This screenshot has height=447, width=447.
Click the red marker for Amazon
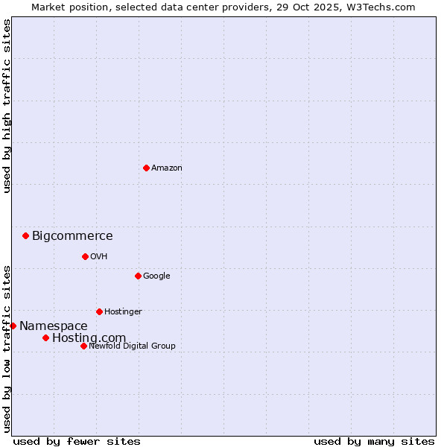pyautogui.click(x=146, y=168)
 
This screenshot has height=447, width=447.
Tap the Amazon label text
pyautogui.click(x=166, y=168)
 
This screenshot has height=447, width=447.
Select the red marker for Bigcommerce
pyautogui.click(x=25, y=235)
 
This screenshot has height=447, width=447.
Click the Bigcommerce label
pyautogui.click(x=72, y=236)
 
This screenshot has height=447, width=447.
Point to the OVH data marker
pyautogui.click(x=85, y=256)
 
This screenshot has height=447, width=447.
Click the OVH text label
pyautogui.click(x=98, y=257)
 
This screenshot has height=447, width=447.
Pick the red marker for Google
pyautogui.click(x=138, y=276)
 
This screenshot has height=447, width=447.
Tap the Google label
pyautogui.click(x=156, y=276)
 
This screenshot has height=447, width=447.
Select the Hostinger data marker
pyautogui.click(x=99, y=311)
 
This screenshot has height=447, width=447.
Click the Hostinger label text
pyautogui.click(x=123, y=312)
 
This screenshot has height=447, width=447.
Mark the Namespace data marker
pyautogui.click(x=13, y=326)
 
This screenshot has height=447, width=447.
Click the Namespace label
pyautogui.click(x=53, y=326)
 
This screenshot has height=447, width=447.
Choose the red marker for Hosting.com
pyautogui.click(x=45, y=337)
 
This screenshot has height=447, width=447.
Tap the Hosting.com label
pyautogui.click(x=89, y=338)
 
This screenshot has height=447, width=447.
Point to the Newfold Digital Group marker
pyautogui.click(x=83, y=346)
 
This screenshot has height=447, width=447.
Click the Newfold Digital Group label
pyautogui.click(x=132, y=346)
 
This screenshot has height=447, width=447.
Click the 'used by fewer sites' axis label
pyautogui.click(x=77, y=441)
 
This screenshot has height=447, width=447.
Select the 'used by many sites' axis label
pyautogui.click(x=374, y=441)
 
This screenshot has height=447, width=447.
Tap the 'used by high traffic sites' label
pyautogui.click(x=7, y=106)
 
